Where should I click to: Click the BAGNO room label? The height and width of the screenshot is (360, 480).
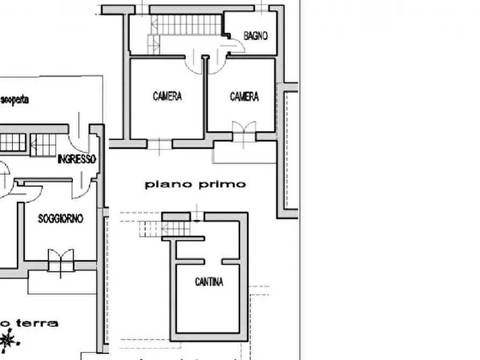(255, 36)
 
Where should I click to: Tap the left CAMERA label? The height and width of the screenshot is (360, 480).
(167, 96)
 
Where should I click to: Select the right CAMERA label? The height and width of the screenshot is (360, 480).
(244, 96)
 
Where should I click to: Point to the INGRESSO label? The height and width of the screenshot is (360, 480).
(77, 159)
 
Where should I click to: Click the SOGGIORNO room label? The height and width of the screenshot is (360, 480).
(61, 219)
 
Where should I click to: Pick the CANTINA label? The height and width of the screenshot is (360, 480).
(209, 282)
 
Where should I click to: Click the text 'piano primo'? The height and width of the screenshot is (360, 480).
(195, 184)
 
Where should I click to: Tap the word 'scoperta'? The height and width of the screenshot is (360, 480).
(15, 100)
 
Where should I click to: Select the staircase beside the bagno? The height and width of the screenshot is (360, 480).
(185, 26)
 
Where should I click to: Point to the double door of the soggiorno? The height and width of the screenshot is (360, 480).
(60, 260)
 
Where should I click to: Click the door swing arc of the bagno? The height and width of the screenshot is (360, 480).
(235, 48)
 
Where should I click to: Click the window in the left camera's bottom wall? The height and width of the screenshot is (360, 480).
(159, 143)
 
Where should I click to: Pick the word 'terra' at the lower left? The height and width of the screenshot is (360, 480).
(37, 323)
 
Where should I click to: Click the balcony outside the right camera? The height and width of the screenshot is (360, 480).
(245, 153)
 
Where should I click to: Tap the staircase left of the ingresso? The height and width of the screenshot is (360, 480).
(43, 143)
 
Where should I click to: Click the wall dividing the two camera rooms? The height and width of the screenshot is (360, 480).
(205, 97)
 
